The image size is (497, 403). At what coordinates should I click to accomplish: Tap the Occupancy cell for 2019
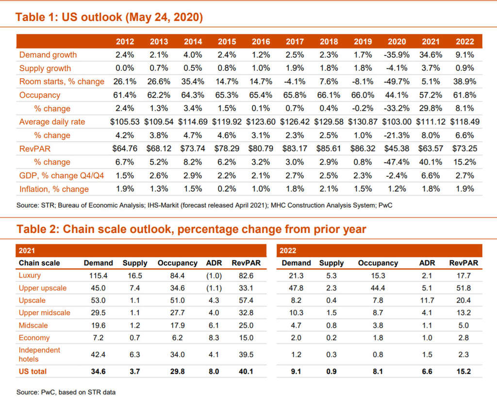[x=363, y=95]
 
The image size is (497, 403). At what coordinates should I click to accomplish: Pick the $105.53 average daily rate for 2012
[x=125, y=122]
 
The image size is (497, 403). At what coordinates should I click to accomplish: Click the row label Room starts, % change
[x=62, y=82]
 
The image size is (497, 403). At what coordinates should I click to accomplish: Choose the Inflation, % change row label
[x=54, y=189]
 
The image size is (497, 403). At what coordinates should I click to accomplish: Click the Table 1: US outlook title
[x=109, y=17]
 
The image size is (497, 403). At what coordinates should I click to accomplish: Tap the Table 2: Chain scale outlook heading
[x=191, y=229]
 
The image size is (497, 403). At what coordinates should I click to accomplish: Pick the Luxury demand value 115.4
[x=98, y=276]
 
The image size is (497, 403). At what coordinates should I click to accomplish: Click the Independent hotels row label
[x=39, y=354]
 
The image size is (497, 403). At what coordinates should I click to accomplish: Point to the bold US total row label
[x=33, y=371]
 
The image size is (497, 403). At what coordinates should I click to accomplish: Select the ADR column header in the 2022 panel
[x=427, y=263]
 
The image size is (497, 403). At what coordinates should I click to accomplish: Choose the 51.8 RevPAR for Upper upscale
[x=464, y=288]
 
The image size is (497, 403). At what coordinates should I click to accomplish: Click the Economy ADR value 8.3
[x=214, y=337]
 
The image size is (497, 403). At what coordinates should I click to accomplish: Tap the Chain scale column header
[x=39, y=263]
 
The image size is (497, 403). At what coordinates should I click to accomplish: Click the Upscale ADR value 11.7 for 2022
[x=427, y=301]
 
